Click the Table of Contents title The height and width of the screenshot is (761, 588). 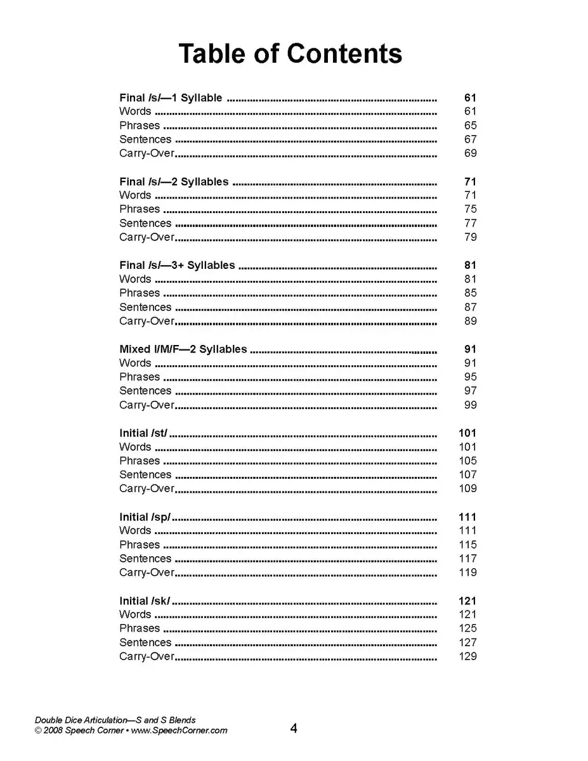click(x=290, y=53)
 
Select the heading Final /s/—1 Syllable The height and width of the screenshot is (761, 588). click(x=171, y=98)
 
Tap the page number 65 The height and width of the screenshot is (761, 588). click(x=470, y=126)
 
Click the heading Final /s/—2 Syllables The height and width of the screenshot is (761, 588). click(x=174, y=181)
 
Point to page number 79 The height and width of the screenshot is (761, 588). click(x=470, y=237)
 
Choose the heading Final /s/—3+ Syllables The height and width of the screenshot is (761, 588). click(x=177, y=265)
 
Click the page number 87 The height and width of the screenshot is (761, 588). click(x=470, y=307)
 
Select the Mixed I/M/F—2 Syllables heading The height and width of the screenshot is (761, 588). click(x=183, y=349)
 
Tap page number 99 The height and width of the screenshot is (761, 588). click(x=470, y=405)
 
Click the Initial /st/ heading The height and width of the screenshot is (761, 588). click(x=143, y=433)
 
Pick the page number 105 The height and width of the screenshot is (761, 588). click(x=467, y=461)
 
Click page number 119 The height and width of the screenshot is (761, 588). click(x=467, y=573)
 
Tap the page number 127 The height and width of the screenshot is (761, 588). click(x=467, y=642)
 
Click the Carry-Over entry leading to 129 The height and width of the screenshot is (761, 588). click(x=147, y=656)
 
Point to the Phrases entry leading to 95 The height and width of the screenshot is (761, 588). click(x=140, y=377)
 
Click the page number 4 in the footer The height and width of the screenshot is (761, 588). click(x=294, y=728)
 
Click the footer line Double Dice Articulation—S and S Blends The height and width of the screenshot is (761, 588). click(x=115, y=720)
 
